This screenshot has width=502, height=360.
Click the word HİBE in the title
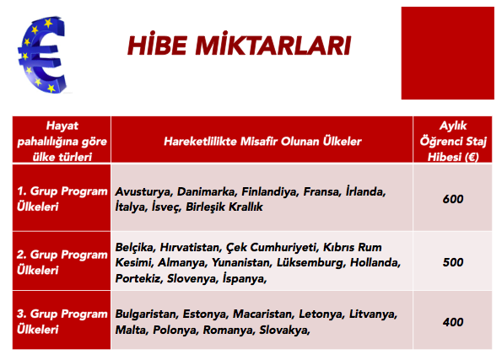pyautogui.click(x=157, y=45)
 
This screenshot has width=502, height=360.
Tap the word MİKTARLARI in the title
pyautogui.click(x=273, y=45)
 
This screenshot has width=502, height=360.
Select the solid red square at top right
pyautogui.click(x=447, y=53)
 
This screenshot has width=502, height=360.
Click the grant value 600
pyautogui.click(x=453, y=199)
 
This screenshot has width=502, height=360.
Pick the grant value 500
pyautogui.click(x=453, y=262)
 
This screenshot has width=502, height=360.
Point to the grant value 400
pyautogui.click(x=453, y=322)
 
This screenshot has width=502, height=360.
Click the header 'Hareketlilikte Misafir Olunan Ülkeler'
pyautogui.click(x=262, y=141)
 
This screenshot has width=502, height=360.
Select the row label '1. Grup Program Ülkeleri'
pyautogui.click(x=62, y=199)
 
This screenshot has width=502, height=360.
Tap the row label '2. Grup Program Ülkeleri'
pyautogui.click(x=62, y=262)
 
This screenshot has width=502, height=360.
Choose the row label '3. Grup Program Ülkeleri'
pyautogui.click(x=62, y=321)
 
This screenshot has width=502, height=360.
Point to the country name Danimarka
pyautogui.click(x=207, y=191)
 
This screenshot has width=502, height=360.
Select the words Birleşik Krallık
pyautogui.click(x=224, y=207)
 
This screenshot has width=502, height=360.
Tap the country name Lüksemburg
pyautogui.click(x=311, y=263)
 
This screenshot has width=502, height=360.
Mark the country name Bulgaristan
pyautogui.click(x=147, y=314)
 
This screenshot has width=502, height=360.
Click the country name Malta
pyautogui.click(x=132, y=330)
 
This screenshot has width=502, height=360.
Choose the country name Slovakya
pyautogui.click(x=284, y=330)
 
